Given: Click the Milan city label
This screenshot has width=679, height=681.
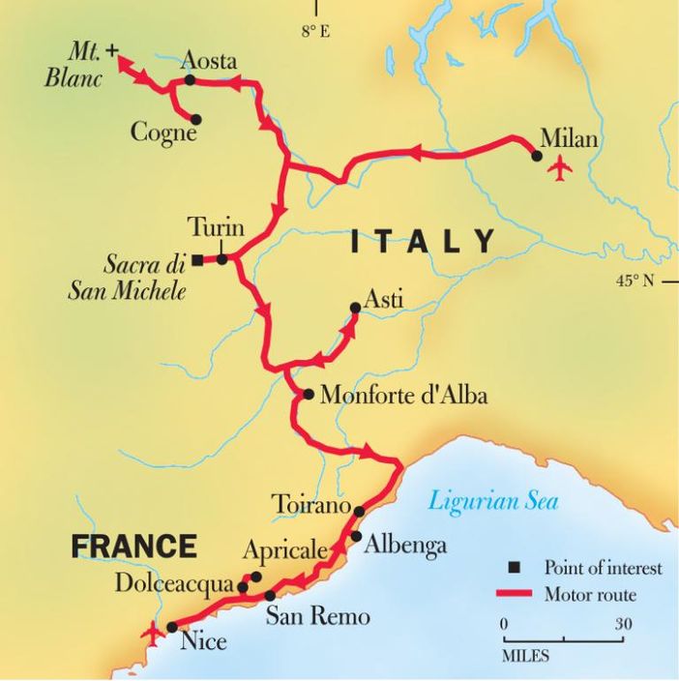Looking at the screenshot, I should click(x=569, y=138).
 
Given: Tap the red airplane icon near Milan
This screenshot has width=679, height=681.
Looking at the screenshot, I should click(x=559, y=169).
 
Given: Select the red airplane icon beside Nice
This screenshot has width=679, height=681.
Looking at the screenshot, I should click(x=151, y=635).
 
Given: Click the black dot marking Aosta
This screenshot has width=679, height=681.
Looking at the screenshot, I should click(x=190, y=80).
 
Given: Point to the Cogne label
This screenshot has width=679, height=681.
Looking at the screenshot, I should click(x=163, y=133).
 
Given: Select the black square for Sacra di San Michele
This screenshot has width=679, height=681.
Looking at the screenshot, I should click(x=197, y=260).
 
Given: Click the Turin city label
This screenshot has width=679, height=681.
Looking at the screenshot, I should click(x=216, y=228).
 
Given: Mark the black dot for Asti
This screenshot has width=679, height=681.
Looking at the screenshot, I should click(x=355, y=308).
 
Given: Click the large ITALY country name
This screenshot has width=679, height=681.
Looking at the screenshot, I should click(x=423, y=241).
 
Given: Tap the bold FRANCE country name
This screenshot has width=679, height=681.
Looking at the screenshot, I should click(x=134, y=547).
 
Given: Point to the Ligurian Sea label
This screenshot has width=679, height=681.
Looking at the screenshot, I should click(x=493, y=501).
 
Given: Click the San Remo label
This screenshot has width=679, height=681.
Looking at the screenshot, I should click(x=317, y=617).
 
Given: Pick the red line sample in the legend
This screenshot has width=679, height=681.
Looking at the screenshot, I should click(x=516, y=594).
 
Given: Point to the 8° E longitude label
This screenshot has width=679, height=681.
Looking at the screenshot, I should click(x=314, y=32).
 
